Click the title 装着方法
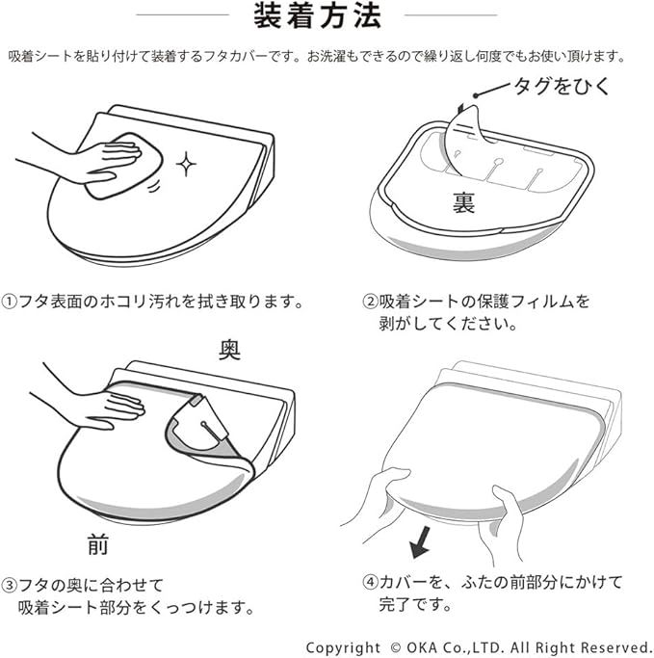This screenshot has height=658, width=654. [317, 16]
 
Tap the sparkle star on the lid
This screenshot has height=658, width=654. [186, 164]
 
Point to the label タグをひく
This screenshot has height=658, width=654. [562, 86]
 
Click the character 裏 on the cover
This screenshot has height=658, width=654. [463, 203]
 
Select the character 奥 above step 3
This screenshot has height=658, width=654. [229, 350]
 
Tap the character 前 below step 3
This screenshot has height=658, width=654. [98, 544]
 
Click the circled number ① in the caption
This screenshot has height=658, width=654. [9, 302]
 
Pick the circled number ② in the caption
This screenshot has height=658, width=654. [370, 302]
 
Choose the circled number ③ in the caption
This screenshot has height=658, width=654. [9, 585]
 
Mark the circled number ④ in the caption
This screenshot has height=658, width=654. [370, 583]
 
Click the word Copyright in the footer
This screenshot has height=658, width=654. [344, 648]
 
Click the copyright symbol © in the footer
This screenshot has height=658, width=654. [395, 647]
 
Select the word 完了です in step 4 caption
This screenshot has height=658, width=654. [415, 605]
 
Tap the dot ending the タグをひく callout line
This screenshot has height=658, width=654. [476, 95]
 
